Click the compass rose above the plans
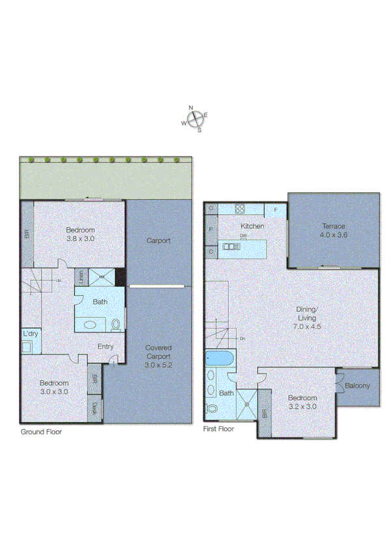195,119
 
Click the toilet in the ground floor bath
116,324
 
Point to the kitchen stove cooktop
239,210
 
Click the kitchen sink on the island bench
231,246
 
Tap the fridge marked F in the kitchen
275,210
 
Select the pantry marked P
211,229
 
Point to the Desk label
95,409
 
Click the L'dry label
30,334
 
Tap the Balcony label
357,386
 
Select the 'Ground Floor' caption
42,431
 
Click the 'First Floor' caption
219,429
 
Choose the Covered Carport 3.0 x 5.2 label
158,356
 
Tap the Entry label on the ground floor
105,347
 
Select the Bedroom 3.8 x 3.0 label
81,234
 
